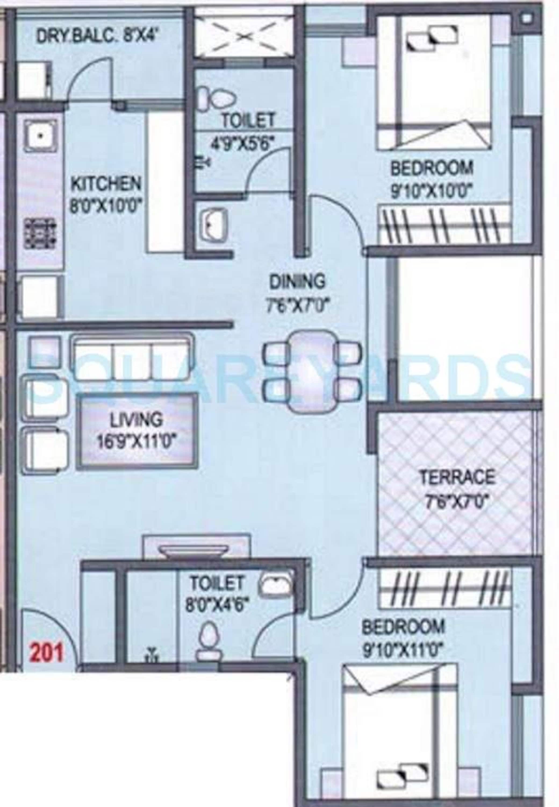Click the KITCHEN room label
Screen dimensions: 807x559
tap(106, 184)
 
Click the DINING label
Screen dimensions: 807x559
tap(297, 281)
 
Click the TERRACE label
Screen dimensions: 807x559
tap(457, 477)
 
